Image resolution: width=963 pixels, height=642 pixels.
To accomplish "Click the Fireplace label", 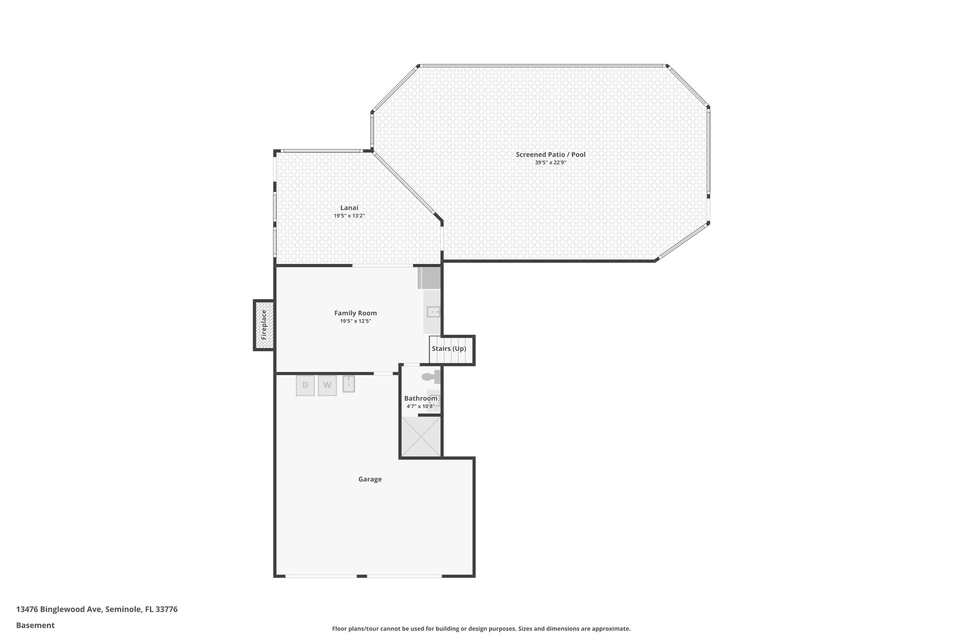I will [x=264, y=325].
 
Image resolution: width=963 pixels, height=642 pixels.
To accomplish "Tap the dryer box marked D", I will [x=305, y=386].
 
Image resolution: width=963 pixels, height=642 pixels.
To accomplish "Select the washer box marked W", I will [x=327, y=386].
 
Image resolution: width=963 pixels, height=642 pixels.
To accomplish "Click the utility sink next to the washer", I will [x=348, y=384].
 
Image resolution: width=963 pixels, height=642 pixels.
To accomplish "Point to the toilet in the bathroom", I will [x=429, y=377].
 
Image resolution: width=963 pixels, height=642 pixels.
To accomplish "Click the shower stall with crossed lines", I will [x=421, y=436].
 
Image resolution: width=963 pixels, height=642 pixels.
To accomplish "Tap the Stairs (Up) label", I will [x=449, y=349].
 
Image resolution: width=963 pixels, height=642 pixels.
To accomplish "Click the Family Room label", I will [x=355, y=313].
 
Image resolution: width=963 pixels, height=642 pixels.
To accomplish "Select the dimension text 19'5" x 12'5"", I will [x=355, y=321].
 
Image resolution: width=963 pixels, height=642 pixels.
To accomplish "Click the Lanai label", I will [x=349, y=207].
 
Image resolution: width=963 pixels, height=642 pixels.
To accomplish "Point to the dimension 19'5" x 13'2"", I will [x=349, y=216].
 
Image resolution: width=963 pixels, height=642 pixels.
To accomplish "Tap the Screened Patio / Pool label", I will [x=550, y=154].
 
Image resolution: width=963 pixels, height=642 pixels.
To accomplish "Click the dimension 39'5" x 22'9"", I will [x=550, y=163].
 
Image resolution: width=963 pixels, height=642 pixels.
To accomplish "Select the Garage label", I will [x=370, y=479].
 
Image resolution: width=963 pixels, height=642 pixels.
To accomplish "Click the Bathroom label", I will [x=420, y=398].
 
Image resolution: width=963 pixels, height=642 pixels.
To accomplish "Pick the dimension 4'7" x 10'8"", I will [x=420, y=406].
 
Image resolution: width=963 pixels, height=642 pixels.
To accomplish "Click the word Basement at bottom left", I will [x=35, y=625].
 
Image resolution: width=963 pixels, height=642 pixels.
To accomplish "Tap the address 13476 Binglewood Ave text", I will [x=97, y=609].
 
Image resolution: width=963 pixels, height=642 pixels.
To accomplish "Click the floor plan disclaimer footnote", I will [x=481, y=628].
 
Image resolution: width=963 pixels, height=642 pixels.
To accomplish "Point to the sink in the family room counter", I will [x=433, y=311].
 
